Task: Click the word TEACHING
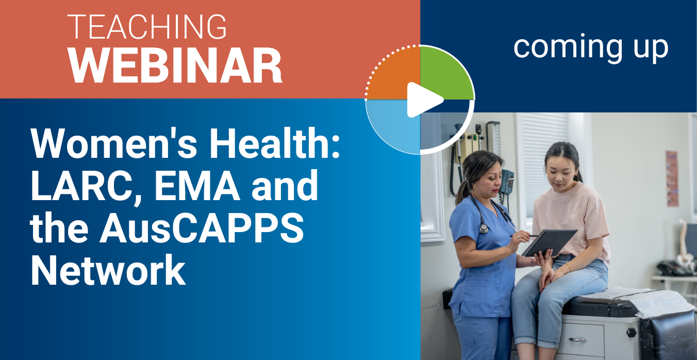tap(147, 27)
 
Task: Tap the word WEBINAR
tap(175, 66)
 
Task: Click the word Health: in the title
tap(274, 143)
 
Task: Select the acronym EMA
tap(197, 186)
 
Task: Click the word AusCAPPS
tap(202, 229)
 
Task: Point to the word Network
tap(108, 270)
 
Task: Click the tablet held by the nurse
tap(549, 242)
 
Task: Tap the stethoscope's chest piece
tap(484, 228)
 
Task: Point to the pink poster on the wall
tap(672, 178)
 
